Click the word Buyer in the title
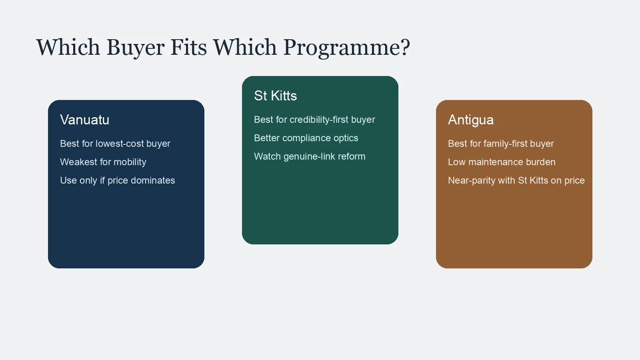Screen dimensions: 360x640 (135, 48)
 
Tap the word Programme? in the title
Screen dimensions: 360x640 (346, 48)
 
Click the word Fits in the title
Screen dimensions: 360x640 (189, 48)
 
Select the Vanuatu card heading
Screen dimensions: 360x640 (84, 120)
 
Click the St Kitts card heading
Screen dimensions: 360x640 (275, 96)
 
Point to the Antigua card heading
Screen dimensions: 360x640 (470, 120)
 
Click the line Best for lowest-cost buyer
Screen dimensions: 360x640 (115, 144)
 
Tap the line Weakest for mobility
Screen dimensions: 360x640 (103, 162)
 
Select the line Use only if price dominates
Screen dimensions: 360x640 (117, 180)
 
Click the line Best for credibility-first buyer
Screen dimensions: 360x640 (314, 120)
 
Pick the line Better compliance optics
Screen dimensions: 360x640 (306, 138)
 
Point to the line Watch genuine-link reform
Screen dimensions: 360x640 (310, 156)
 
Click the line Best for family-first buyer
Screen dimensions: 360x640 (501, 144)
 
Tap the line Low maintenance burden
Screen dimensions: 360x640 (502, 162)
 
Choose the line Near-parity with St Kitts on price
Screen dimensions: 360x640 (516, 180)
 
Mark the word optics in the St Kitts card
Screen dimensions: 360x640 (346, 138)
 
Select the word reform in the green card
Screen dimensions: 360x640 (352, 156)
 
